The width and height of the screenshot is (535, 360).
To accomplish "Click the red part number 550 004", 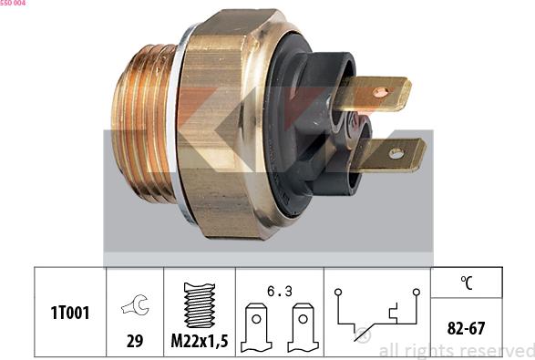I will (x=13, y=4).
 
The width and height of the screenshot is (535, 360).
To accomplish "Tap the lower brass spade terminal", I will (x=392, y=156).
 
